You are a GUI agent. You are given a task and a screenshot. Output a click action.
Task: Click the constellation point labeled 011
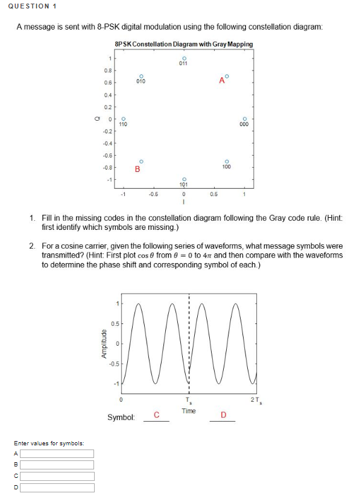183,58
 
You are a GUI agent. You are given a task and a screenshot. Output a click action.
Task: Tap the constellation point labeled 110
123,118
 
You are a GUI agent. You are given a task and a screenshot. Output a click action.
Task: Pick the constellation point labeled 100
227,161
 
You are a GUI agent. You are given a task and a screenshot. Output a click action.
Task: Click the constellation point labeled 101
183,178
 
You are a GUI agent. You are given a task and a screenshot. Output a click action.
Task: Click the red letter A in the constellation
221,80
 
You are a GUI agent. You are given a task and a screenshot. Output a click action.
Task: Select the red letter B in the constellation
137,170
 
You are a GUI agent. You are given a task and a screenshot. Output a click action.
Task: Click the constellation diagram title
183,45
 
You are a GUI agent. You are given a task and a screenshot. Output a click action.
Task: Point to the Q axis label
95,118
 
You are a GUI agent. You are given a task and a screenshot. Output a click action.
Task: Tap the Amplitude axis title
104,343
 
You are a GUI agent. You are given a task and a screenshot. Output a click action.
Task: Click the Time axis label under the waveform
189,410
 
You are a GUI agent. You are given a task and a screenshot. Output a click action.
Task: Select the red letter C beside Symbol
156,415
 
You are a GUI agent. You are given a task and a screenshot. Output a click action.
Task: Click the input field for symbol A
57,454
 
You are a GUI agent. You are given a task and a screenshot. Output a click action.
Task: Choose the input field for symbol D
57,487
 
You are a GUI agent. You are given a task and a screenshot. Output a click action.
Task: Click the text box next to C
57,476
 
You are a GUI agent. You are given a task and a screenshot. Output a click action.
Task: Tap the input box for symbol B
57,465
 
